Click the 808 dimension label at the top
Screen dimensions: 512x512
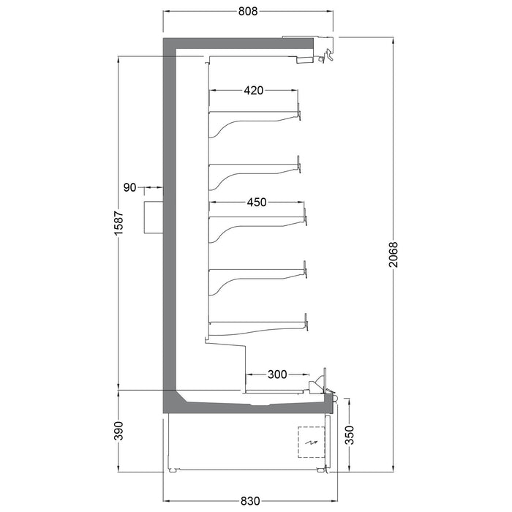pos(248,11)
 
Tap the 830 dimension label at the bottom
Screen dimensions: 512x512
pos(250,500)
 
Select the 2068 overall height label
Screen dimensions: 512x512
pos(394,255)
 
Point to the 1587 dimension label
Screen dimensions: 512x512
pos(118,223)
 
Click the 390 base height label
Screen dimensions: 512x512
pos(118,431)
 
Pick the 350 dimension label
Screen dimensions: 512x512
pos(349,435)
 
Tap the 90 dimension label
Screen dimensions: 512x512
pos(129,188)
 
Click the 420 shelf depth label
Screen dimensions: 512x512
pos(254,90)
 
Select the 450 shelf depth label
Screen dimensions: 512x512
pos(257,203)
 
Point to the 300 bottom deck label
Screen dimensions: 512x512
pos(277,374)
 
